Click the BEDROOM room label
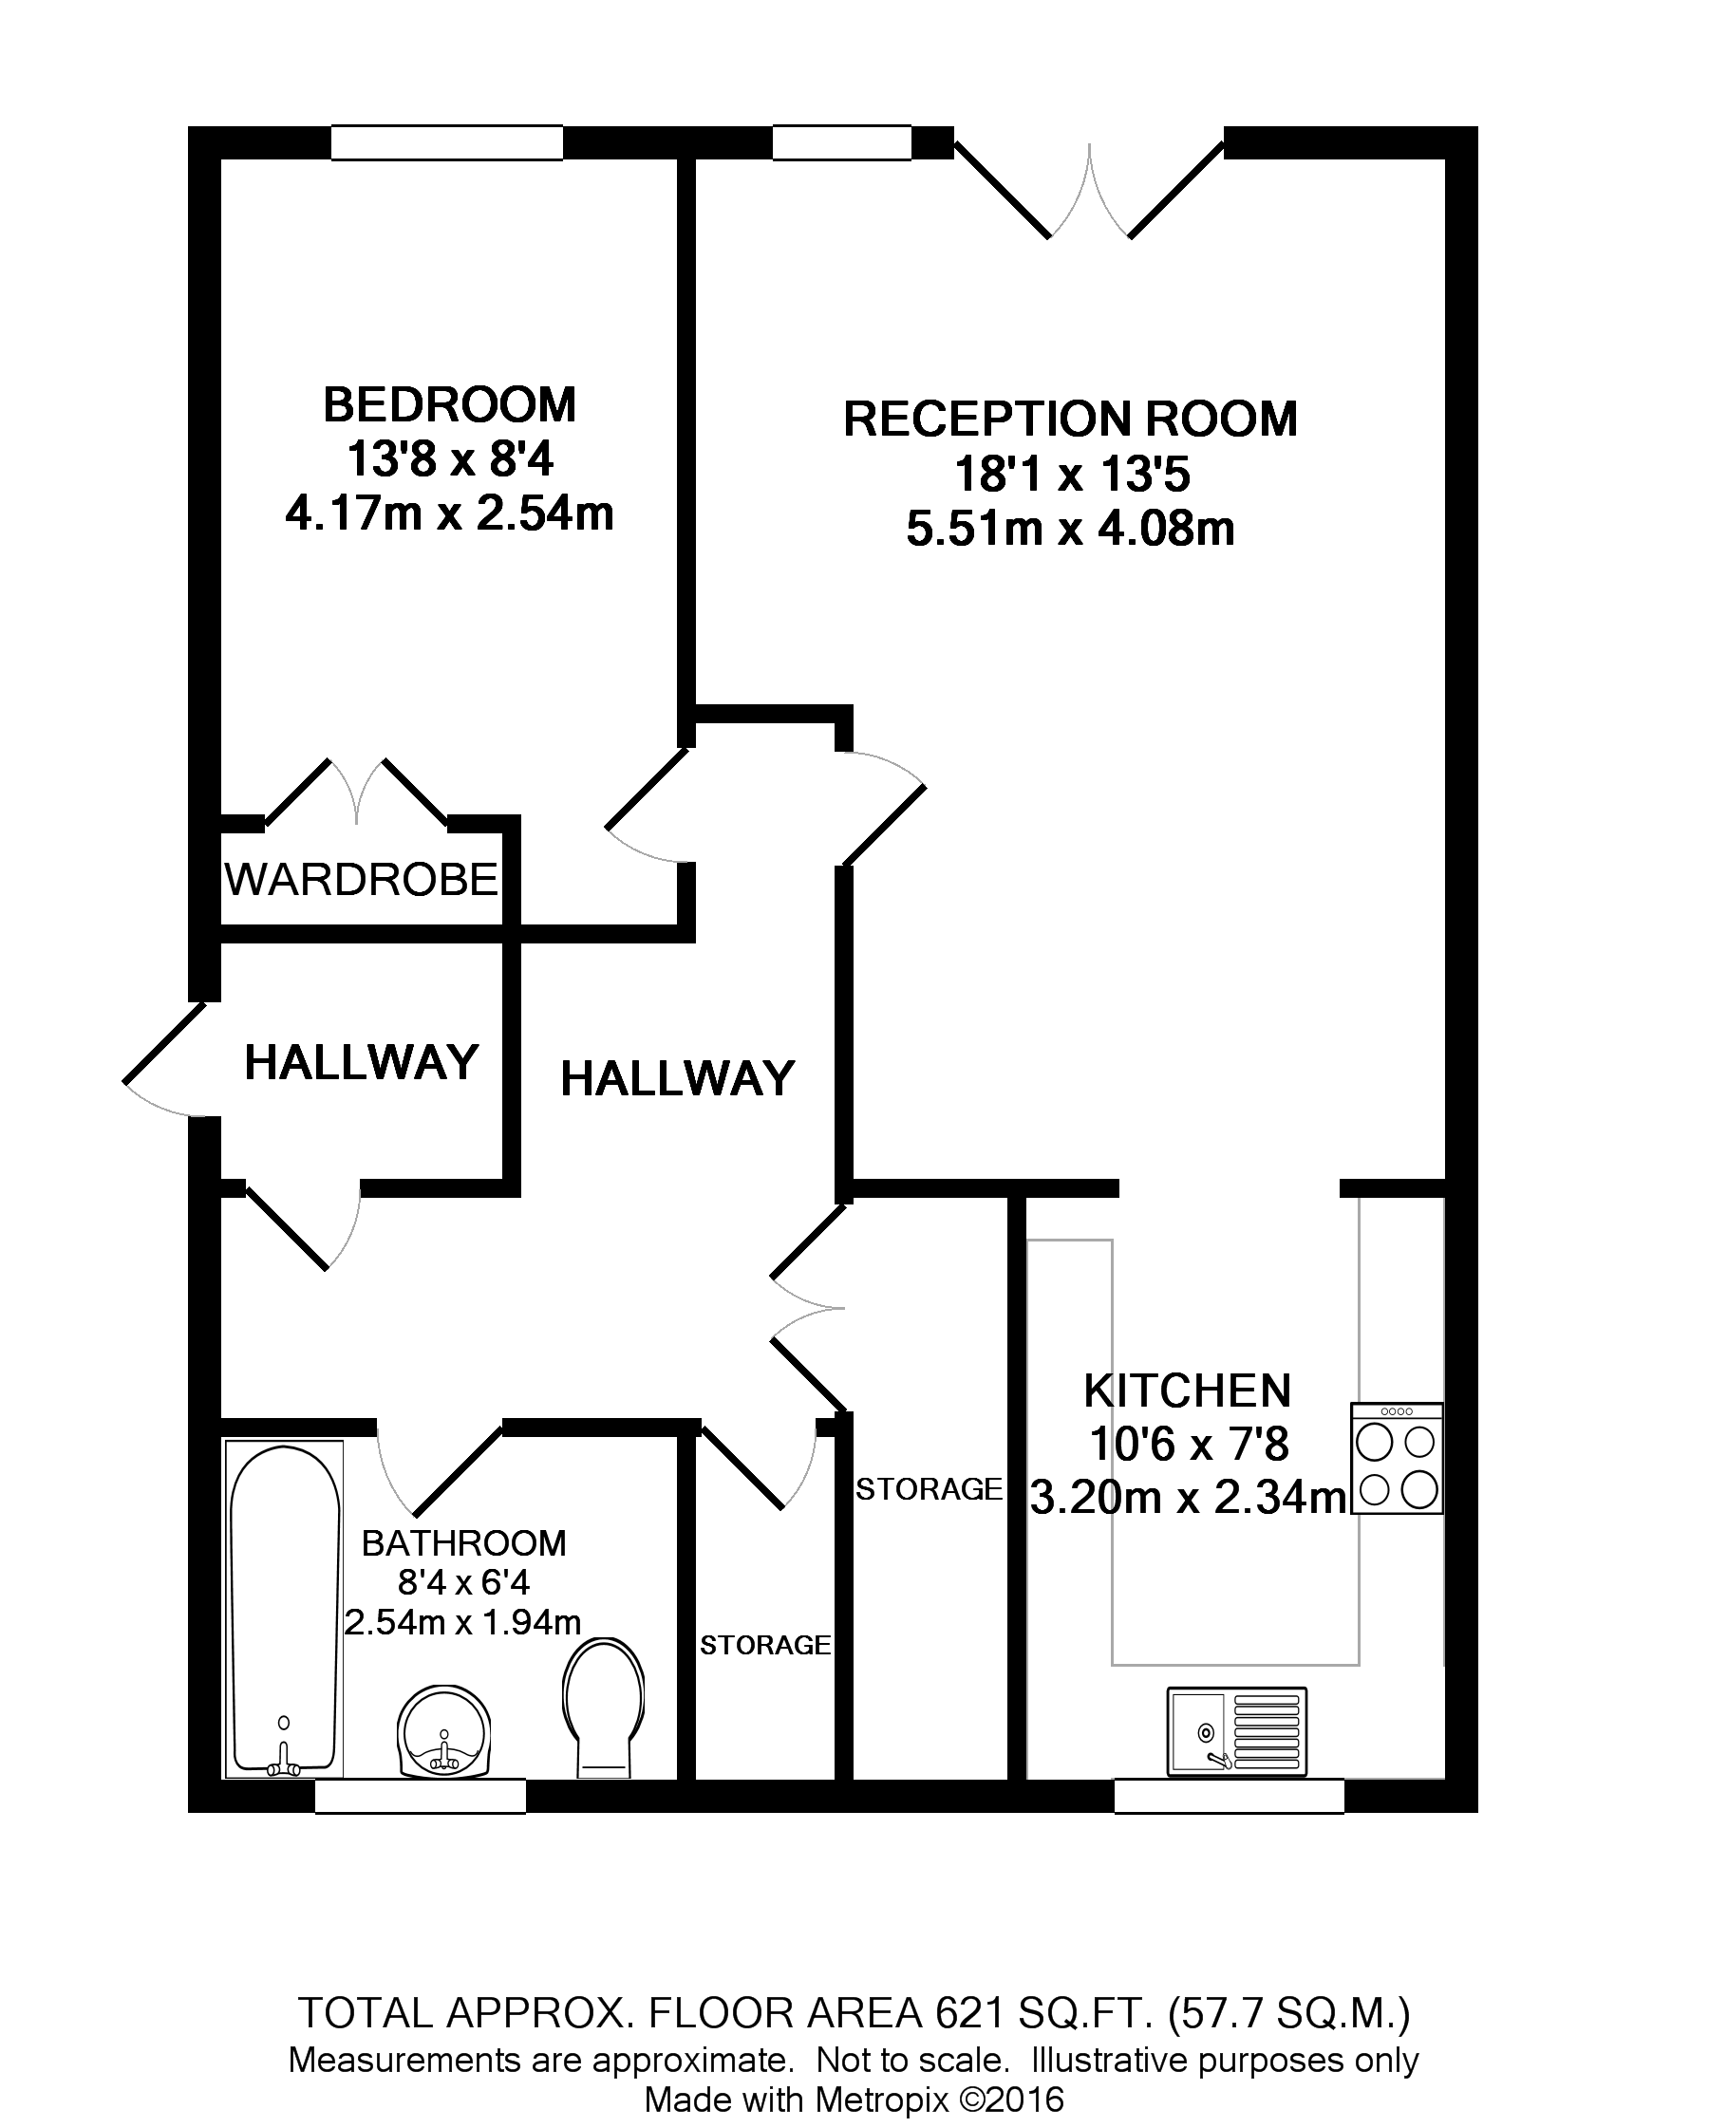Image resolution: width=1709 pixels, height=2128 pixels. coord(449,405)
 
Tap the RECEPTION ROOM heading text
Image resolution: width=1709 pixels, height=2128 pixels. coord(1069,420)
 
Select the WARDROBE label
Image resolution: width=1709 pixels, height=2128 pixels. coord(362,880)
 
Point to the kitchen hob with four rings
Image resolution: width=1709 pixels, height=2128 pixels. coord(1396,1459)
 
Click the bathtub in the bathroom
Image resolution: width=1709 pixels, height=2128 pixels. coord(283,1609)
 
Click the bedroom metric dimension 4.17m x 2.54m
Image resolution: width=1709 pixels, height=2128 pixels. coord(449,514)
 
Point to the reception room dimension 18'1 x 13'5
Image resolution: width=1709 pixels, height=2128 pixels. coord(1071,476)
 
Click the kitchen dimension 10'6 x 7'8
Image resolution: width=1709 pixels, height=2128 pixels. coord(1189,1445)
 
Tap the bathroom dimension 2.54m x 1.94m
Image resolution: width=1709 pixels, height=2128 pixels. coord(462,1622)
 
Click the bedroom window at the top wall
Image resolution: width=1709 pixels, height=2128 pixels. coord(446,142)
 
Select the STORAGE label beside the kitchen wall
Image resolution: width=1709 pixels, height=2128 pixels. coord(928,1488)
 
